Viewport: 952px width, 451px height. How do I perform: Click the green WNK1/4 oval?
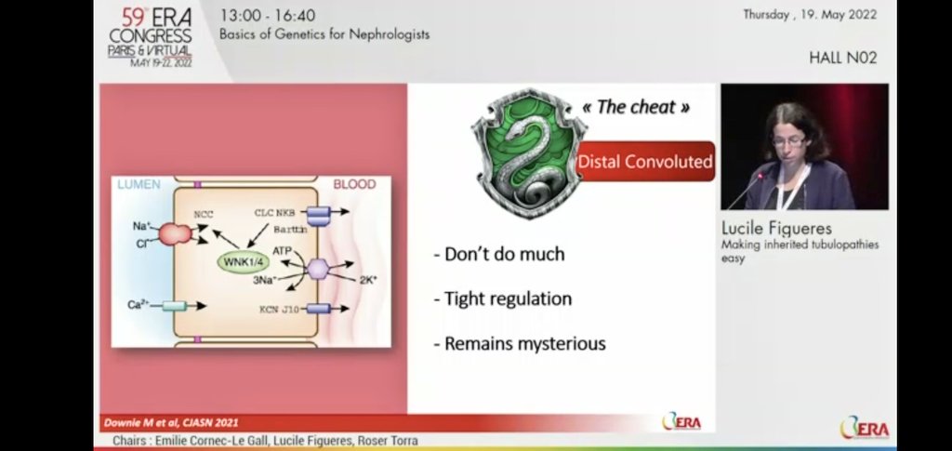tap(241, 259)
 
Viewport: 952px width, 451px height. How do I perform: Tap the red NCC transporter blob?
tap(174, 233)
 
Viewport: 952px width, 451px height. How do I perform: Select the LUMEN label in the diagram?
tap(139, 185)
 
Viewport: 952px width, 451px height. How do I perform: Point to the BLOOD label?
tap(354, 184)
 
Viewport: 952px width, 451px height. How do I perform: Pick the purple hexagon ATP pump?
tap(318, 269)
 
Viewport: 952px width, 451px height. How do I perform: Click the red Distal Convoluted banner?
tap(645, 162)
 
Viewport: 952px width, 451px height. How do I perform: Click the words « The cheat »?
tap(637, 106)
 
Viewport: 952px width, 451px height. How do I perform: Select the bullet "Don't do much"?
tap(498, 254)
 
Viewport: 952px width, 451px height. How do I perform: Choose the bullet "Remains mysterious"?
tap(519, 343)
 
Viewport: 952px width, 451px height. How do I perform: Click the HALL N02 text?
tap(842, 58)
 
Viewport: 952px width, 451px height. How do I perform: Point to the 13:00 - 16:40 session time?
tap(268, 16)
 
